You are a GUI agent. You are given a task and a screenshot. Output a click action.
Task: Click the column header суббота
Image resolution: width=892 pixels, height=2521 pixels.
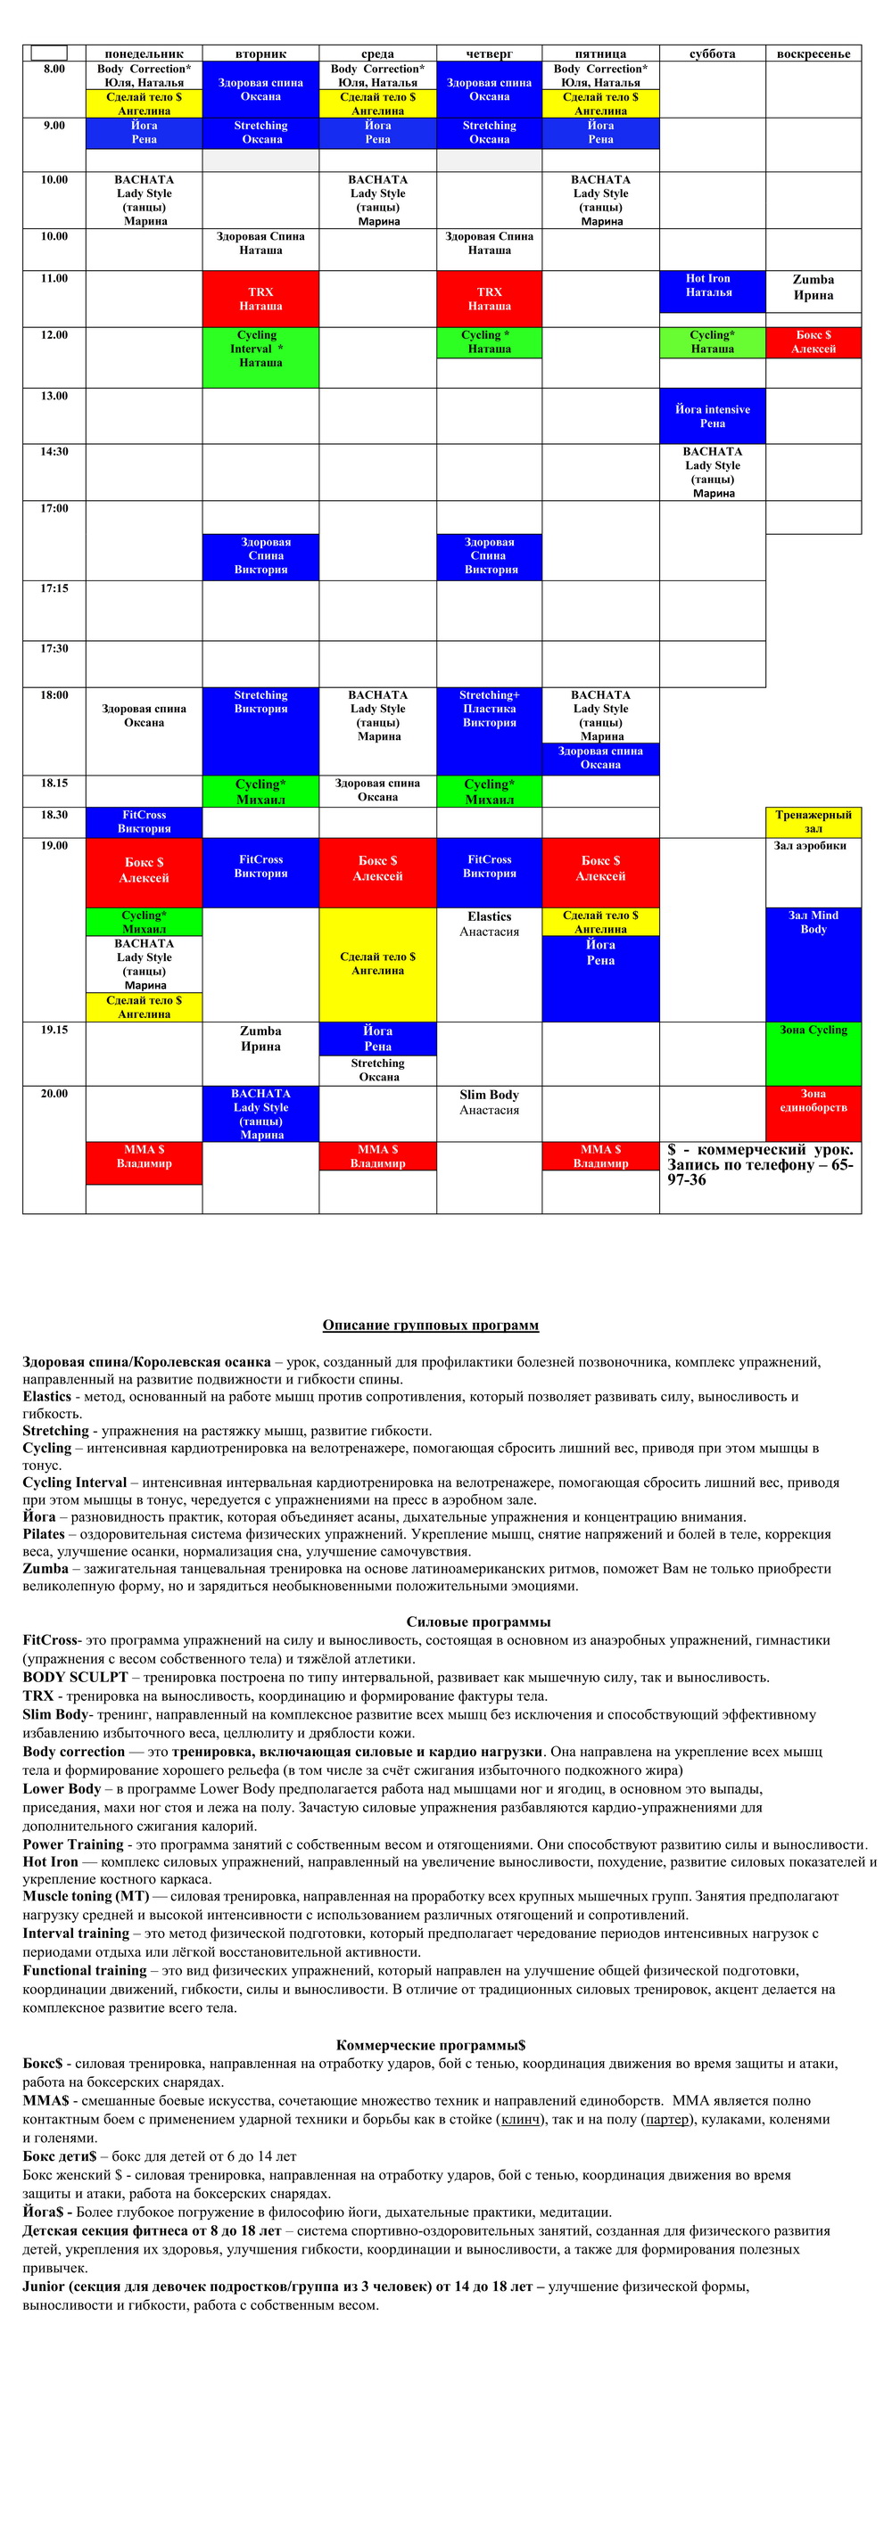coord(712,53)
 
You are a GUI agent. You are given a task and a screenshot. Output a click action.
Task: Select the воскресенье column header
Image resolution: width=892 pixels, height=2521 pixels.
coord(813,53)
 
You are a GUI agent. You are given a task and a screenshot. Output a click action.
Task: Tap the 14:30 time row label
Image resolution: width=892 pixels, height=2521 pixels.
coord(54,452)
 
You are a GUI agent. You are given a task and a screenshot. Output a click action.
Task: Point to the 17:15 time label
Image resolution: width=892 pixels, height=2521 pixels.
coord(54,588)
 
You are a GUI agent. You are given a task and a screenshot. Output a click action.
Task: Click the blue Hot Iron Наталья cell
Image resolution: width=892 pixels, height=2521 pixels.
coord(712,286)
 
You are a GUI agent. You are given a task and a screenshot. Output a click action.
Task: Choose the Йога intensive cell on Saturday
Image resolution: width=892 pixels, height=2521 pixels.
coord(712,416)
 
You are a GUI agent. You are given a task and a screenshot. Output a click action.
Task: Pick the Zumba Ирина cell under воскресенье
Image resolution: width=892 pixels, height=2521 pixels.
coord(813,287)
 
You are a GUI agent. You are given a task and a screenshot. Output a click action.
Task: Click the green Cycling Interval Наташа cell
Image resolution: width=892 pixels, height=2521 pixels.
coord(260,349)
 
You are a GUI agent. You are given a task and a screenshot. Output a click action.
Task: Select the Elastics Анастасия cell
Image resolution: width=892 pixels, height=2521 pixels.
coord(489,924)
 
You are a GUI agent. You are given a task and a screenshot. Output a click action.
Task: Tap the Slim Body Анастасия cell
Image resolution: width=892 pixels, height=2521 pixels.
coord(489,1102)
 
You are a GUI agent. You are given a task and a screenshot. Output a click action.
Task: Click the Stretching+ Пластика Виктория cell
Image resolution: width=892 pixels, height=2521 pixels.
coord(489,710)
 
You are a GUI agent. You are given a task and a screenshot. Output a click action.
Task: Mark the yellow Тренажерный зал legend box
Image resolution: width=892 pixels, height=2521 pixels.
coord(813,821)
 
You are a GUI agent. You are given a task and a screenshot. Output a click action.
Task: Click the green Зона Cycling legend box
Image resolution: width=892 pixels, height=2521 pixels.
coord(813,1052)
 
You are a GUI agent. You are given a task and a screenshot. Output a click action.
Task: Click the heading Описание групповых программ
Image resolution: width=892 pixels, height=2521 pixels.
coord(431,1325)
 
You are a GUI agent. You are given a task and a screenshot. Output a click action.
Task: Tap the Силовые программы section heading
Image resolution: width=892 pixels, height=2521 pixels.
coord(478,1622)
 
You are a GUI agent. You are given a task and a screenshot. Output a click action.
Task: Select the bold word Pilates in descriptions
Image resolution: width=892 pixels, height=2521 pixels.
coord(44,1534)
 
